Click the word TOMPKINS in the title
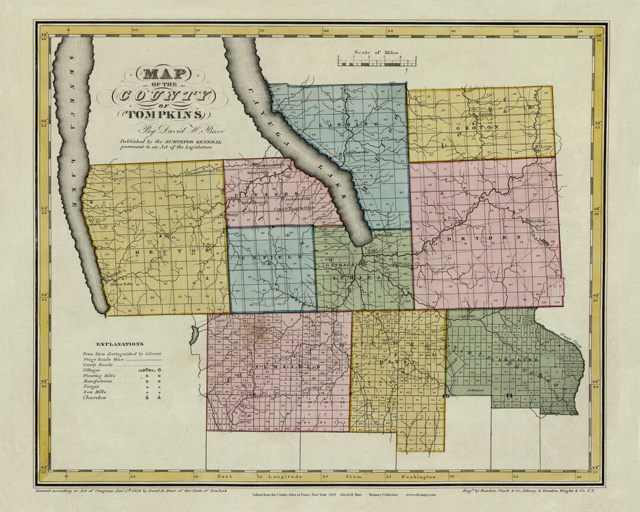167,113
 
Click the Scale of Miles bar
376,60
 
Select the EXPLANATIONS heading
119,344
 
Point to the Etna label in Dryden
454,217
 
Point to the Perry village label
232,216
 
